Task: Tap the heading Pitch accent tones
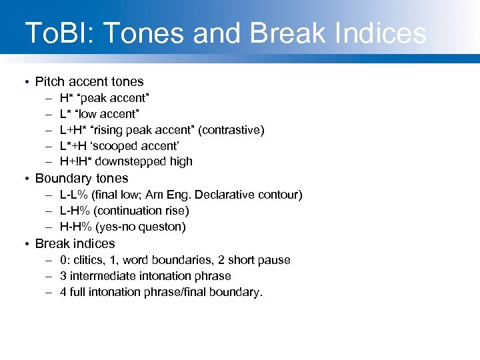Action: (x=89, y=82)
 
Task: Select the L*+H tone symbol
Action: (x=76, y=146)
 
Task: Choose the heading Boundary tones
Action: (x=81, y=179)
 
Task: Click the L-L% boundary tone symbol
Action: (x=75, y=195)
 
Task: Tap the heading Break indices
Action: (x=75, y=244)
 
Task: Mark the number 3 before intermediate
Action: (x=63, y=276)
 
